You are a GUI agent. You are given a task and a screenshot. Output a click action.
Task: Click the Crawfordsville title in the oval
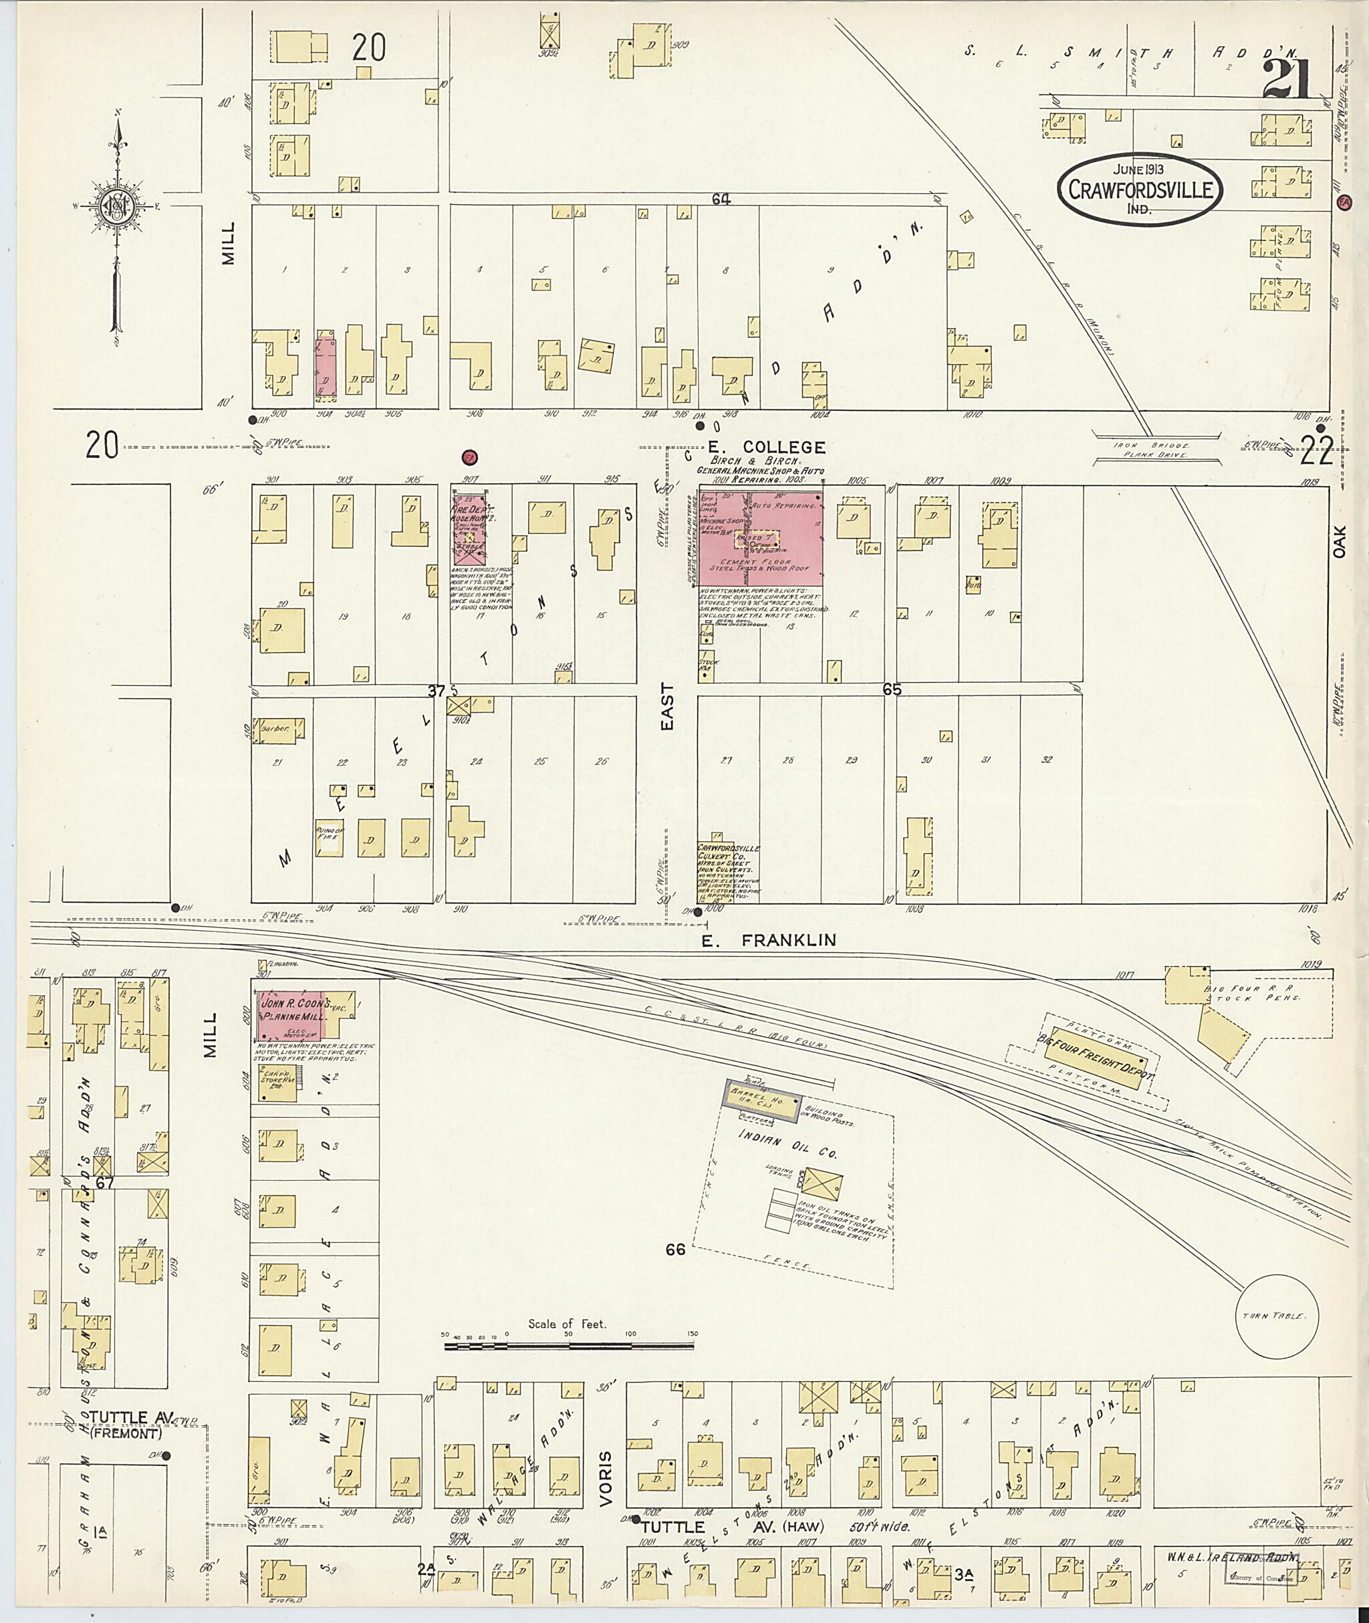coord(1138,189)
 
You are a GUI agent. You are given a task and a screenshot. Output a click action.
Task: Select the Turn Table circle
coord(1276,1316)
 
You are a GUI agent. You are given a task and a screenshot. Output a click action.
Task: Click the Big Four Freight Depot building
coord(1094,1063)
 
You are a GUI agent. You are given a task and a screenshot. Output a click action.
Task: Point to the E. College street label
coord(765,447)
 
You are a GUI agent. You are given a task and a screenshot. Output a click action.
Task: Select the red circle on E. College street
coord(469,457)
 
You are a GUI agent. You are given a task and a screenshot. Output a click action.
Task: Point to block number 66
coord(675,1250)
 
